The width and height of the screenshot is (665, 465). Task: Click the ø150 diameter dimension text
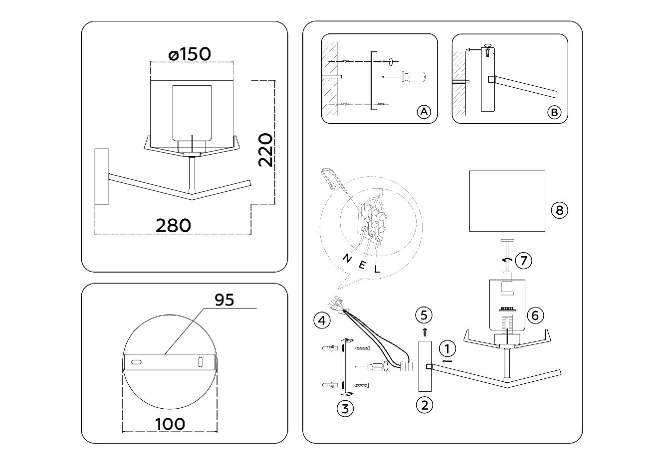coord(190,53)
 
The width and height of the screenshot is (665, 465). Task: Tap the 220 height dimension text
coord(265,150)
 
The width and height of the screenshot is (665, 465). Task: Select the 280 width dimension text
coord(173,225)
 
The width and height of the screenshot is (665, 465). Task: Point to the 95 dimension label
coord(224,300)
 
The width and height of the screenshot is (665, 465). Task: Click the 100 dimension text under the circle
coord(170,424)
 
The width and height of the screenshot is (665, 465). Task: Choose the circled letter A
coord(423,112)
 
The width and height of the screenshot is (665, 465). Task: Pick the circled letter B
coord(553,113)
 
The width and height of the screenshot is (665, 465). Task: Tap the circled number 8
coord(559,210)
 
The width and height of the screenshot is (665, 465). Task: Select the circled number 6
coord(535,315)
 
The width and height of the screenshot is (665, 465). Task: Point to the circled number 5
coord(424,314)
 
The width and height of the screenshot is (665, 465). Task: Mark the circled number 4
coord(322,320)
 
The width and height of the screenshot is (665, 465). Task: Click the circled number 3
coord(345,409)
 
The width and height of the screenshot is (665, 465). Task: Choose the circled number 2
coord(424,405)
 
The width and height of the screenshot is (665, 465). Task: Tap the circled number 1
coord(447,348)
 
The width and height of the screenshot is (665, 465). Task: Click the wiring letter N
coord(347,258)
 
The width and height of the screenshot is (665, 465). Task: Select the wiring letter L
coord(377,268)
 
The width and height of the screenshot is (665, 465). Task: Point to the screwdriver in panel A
coord(404,77)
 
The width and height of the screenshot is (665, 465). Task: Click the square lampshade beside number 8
coord(507,201)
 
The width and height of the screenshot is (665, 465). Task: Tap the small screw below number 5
coord(424,331)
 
